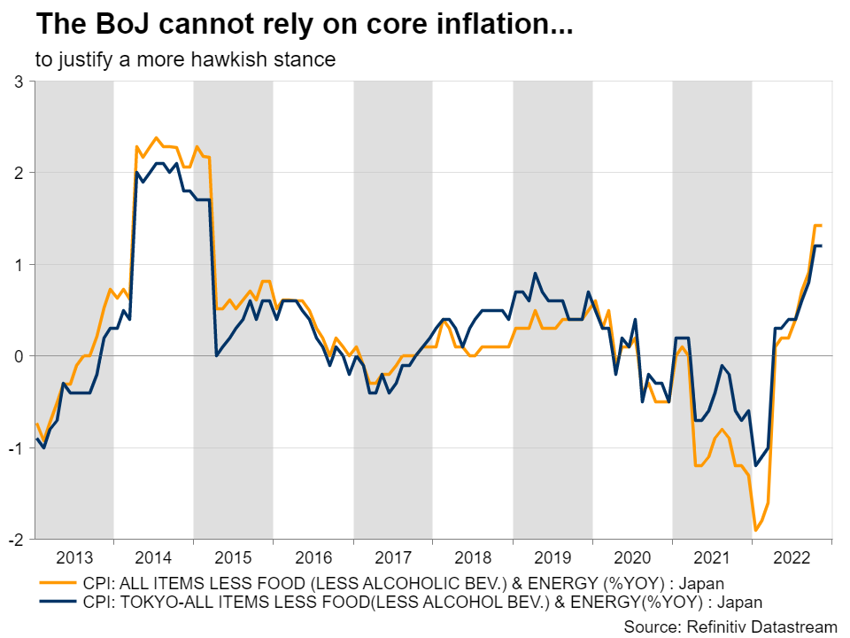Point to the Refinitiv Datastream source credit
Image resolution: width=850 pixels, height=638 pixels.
click(730, 626)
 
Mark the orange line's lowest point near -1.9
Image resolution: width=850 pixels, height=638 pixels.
click(755, 530)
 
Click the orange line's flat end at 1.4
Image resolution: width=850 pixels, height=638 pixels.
click(818, 226)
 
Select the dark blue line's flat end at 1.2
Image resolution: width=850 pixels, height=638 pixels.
click(818, 245)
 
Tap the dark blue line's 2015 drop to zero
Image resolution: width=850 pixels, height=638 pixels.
click(217, 355)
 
